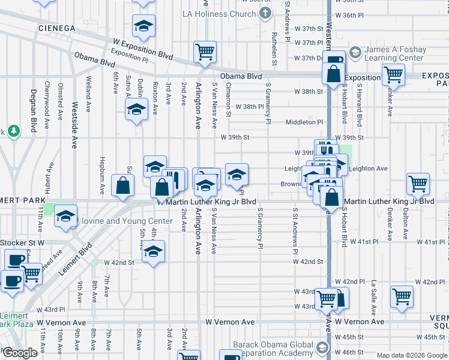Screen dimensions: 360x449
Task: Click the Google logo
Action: point(20,353)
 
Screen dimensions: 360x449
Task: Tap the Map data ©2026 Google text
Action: point(412,355)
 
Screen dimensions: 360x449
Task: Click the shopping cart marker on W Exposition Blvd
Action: point(205,52)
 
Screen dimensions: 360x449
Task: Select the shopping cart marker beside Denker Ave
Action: point(393,74)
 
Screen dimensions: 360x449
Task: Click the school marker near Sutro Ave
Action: point(137,109)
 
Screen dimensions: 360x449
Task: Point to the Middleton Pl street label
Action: point(304,122)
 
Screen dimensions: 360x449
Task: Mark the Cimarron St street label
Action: point(228,100)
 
